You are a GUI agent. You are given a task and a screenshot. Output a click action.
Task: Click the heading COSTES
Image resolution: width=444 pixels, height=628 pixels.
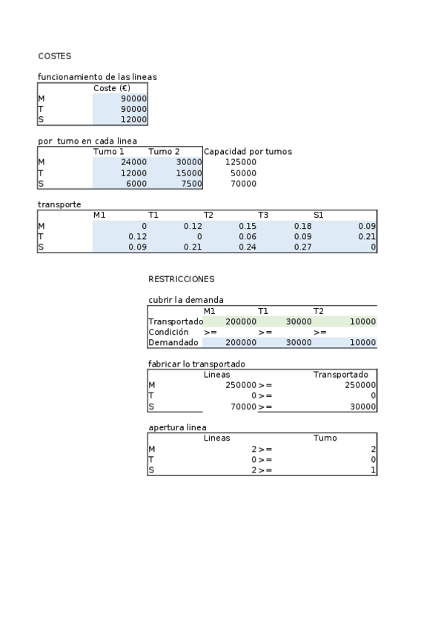point(54,56)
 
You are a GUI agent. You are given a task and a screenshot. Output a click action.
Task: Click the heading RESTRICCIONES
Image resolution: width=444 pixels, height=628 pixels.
point(181,279)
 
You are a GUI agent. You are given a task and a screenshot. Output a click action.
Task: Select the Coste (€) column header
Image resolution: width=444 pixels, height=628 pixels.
point(112,88)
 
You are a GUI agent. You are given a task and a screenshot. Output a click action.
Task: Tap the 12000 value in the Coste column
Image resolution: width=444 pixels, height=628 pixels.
point(134,119)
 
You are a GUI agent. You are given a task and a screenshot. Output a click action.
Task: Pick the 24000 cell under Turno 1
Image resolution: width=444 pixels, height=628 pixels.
point(133,161)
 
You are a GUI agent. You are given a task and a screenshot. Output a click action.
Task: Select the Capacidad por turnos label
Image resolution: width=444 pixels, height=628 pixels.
point(248,151)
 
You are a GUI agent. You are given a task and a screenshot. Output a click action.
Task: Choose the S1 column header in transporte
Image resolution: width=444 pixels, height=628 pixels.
point(319,215)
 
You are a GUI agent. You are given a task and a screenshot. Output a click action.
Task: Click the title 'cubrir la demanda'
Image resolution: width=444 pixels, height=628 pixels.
point(186,300)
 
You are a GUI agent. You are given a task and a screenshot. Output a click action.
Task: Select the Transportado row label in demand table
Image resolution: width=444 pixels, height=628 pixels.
point(176,321)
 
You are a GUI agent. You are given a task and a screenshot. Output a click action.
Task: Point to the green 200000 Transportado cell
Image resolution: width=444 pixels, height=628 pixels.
point(241,321)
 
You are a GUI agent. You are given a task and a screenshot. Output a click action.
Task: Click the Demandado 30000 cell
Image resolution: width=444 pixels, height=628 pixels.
point(299,343)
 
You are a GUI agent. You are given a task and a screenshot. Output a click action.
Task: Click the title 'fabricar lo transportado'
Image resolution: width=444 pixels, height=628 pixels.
point(196,364)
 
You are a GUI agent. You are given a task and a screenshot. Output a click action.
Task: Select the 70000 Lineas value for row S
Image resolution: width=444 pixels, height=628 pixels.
point(241,407)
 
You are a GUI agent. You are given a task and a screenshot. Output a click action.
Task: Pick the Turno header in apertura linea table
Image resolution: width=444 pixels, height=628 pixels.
point(325,438)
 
